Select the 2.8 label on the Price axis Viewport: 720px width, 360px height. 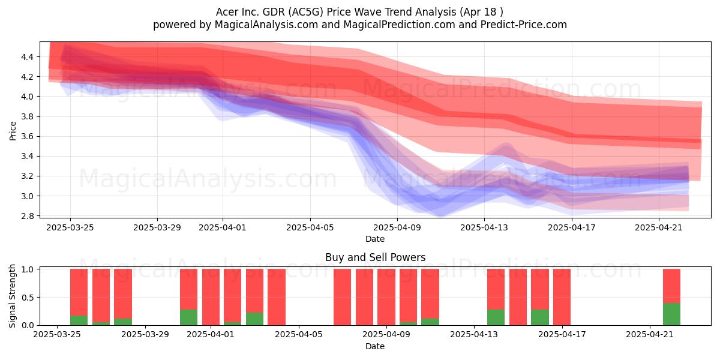pos(27,216)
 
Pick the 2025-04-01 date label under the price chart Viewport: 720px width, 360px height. pos(223,227)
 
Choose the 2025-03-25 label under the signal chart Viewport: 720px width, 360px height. pos(57,334)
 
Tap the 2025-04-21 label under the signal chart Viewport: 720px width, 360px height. pos(650,334)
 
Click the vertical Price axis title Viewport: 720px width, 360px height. pos(13,131)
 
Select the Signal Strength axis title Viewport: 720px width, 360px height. pos(12,296)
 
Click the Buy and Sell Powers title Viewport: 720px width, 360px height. pos(375,257)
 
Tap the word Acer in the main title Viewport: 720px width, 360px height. pos(226,12)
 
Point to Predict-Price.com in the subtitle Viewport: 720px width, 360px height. pos(524,25)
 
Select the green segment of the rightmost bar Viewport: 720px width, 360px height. pos(671,314)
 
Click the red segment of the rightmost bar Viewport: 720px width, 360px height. pos(671,286)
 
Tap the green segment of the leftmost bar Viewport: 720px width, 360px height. pos(79,320)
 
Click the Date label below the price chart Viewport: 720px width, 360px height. pos(375,239)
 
